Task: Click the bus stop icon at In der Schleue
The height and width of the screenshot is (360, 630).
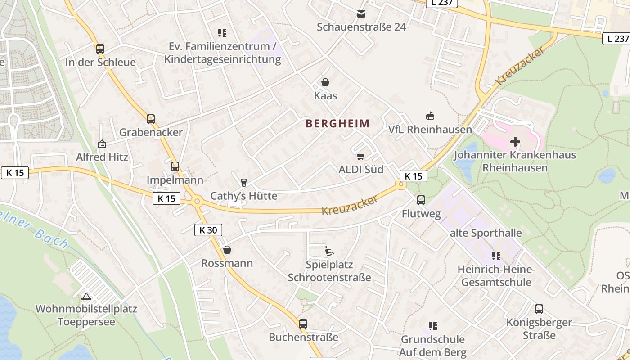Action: (x=100, y=49)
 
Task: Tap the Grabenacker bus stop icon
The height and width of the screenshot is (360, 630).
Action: (x=151, y=119)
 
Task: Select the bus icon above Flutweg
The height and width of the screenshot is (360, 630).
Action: (x=421, y=200)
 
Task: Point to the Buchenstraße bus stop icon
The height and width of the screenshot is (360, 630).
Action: (x=303, y=324)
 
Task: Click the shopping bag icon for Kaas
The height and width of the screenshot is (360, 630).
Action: (x=325, y=82)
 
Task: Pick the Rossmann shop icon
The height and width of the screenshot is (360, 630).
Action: (x=227, y=250)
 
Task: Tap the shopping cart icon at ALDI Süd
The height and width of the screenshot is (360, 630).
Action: (x=360, y=156)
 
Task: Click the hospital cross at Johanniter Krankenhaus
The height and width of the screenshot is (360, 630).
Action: (x=515, y=142)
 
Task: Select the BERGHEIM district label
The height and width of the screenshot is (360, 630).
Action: (x=337, y=123)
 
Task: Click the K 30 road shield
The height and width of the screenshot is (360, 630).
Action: (x=208, y=230)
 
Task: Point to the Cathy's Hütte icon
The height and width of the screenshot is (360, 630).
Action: (x=244, y=182)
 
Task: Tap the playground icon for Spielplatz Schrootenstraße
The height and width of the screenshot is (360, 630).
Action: (x=329, y=251)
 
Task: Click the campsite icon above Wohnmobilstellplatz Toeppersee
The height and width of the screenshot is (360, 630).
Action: (x=86, y=296)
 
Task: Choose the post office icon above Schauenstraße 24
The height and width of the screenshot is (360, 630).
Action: (x=361, y=14)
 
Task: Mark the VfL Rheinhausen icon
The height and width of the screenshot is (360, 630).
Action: (x=430, y=116)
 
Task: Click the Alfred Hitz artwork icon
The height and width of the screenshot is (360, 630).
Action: (x=102, y=144)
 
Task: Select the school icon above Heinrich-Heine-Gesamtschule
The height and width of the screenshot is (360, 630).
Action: (x=496, y=256)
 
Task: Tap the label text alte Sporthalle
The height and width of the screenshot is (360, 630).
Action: (x=486, y=233)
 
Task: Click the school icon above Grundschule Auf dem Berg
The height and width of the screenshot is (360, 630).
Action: (x=433, y=326)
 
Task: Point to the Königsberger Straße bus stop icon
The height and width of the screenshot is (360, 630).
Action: (x=539, y=309)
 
